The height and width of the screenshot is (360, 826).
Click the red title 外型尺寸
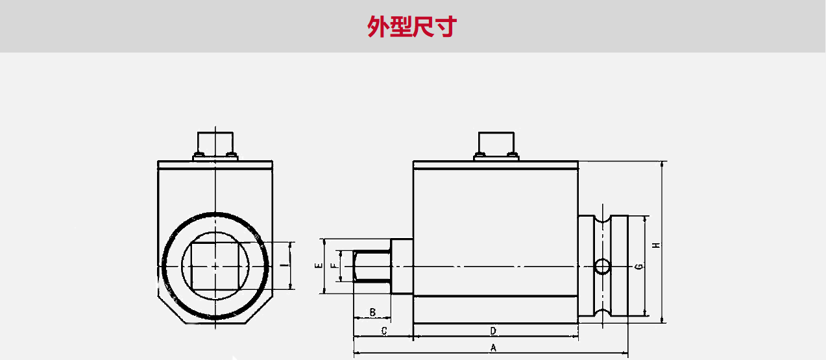(413, 27)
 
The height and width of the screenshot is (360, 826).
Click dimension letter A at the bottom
(493, 348)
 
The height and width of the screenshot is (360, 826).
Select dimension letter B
(372, 313)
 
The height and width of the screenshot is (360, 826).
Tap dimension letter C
(383, 331)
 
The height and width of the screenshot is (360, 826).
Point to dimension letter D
(493, 331)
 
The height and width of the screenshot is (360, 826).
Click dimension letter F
(334, 266)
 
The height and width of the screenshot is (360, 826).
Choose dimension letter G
(639, 267)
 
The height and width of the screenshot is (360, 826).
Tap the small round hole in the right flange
(603, 266)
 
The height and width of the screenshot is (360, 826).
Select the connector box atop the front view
(215, 141)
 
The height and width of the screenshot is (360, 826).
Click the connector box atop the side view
(496, 141)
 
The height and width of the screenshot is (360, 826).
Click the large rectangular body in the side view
(495, 227)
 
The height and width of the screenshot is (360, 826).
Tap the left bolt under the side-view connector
(479, 154)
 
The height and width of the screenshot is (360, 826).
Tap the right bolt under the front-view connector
(231, 154)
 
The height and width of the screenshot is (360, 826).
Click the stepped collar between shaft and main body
(401, 266)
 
